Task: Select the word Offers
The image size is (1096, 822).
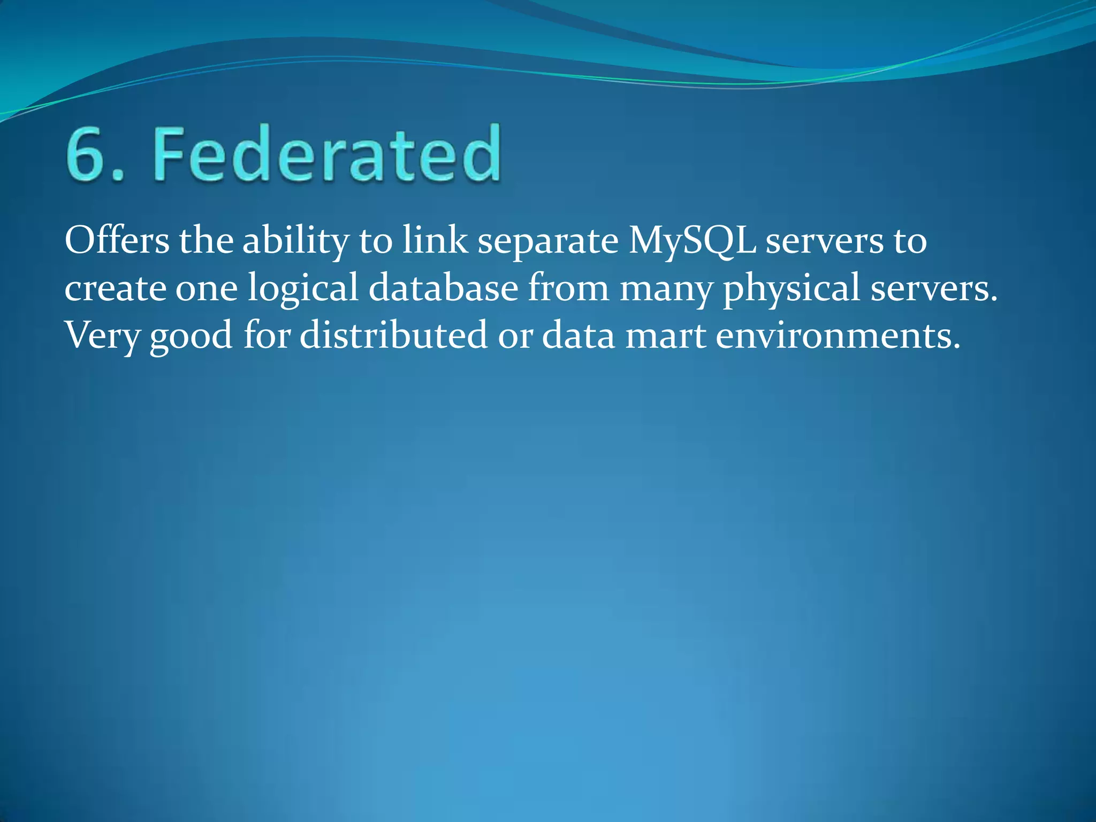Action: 117,241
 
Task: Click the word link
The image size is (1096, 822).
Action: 435,241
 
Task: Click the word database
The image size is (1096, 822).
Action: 444,288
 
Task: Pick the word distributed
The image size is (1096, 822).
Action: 393,336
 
